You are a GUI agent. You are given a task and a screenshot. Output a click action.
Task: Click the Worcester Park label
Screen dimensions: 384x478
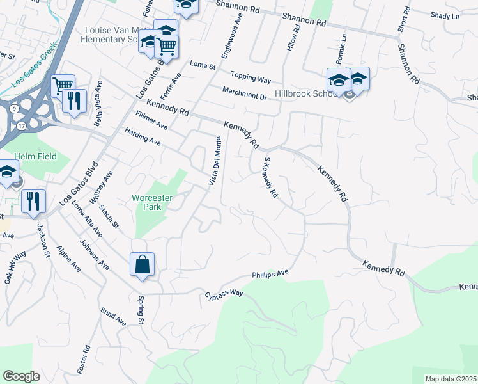point(152,202)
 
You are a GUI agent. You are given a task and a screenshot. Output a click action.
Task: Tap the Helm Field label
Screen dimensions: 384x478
point(36,156)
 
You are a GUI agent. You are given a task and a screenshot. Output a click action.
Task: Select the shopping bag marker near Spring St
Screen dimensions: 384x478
point(142,264)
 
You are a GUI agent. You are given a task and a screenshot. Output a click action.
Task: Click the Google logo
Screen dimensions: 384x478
point(21,376)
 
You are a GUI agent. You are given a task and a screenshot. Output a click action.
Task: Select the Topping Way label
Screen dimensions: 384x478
point(251,79)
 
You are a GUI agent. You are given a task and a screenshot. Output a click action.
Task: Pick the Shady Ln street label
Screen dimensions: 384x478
point(445,16)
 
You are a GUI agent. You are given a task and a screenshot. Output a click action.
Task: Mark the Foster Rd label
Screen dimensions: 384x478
point(84,360)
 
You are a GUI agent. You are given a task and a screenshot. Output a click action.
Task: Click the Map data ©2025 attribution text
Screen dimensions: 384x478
point(451,379)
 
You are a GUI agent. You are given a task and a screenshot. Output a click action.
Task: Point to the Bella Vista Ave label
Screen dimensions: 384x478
point(98,103)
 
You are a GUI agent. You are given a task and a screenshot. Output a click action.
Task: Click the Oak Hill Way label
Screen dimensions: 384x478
point(16,266)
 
